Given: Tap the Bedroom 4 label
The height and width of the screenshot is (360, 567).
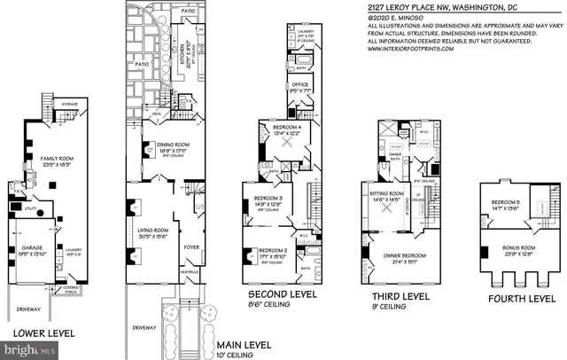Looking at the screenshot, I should click(x=286, y=129).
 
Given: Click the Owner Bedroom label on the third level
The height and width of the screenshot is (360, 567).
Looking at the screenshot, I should click(x=404, y=256).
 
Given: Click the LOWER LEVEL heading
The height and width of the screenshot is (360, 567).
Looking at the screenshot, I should click(x=43, y=334).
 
